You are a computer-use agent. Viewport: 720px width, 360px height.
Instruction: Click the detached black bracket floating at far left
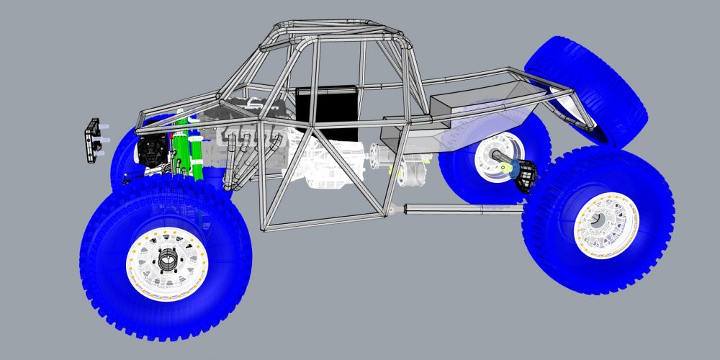[92, 140]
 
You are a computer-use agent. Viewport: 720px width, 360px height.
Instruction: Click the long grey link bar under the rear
[461, 209]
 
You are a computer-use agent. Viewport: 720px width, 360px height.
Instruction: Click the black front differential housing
[151, 151]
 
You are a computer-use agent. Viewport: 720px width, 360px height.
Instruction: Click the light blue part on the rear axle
[510, 167]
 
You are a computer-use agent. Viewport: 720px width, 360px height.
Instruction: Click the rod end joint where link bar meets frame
[392, 210]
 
